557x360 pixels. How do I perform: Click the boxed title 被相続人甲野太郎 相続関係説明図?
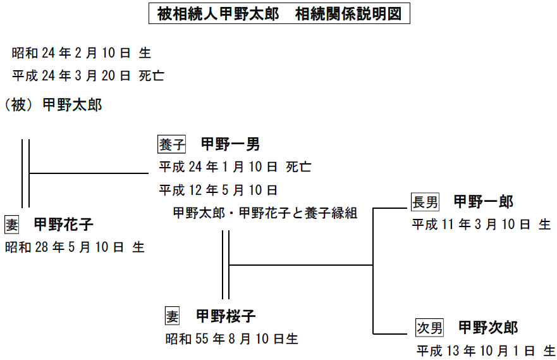[279, 14]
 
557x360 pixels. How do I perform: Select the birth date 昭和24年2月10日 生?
[81, 54]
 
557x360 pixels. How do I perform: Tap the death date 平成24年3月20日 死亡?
[88, 77]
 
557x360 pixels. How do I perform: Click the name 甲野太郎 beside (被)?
[72, 105]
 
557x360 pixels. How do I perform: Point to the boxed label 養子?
[172, 144]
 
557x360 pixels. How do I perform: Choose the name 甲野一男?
[230, 144]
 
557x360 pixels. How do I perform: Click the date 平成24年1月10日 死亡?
[235, 167]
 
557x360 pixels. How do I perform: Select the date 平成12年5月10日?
[218, 190]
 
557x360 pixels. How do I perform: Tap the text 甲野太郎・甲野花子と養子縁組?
[266, 213]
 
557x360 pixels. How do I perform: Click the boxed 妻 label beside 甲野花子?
[12, 225]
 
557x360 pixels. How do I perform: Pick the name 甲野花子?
[63, 225]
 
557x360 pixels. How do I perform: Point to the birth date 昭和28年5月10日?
[75, 247]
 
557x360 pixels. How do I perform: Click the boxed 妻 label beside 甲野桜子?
[173, 316]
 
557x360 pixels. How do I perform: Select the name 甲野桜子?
[226, 316]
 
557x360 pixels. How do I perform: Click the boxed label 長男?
[425, 202]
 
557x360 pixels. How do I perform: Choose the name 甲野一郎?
[483, 202]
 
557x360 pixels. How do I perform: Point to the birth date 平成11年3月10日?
[481, 225]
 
